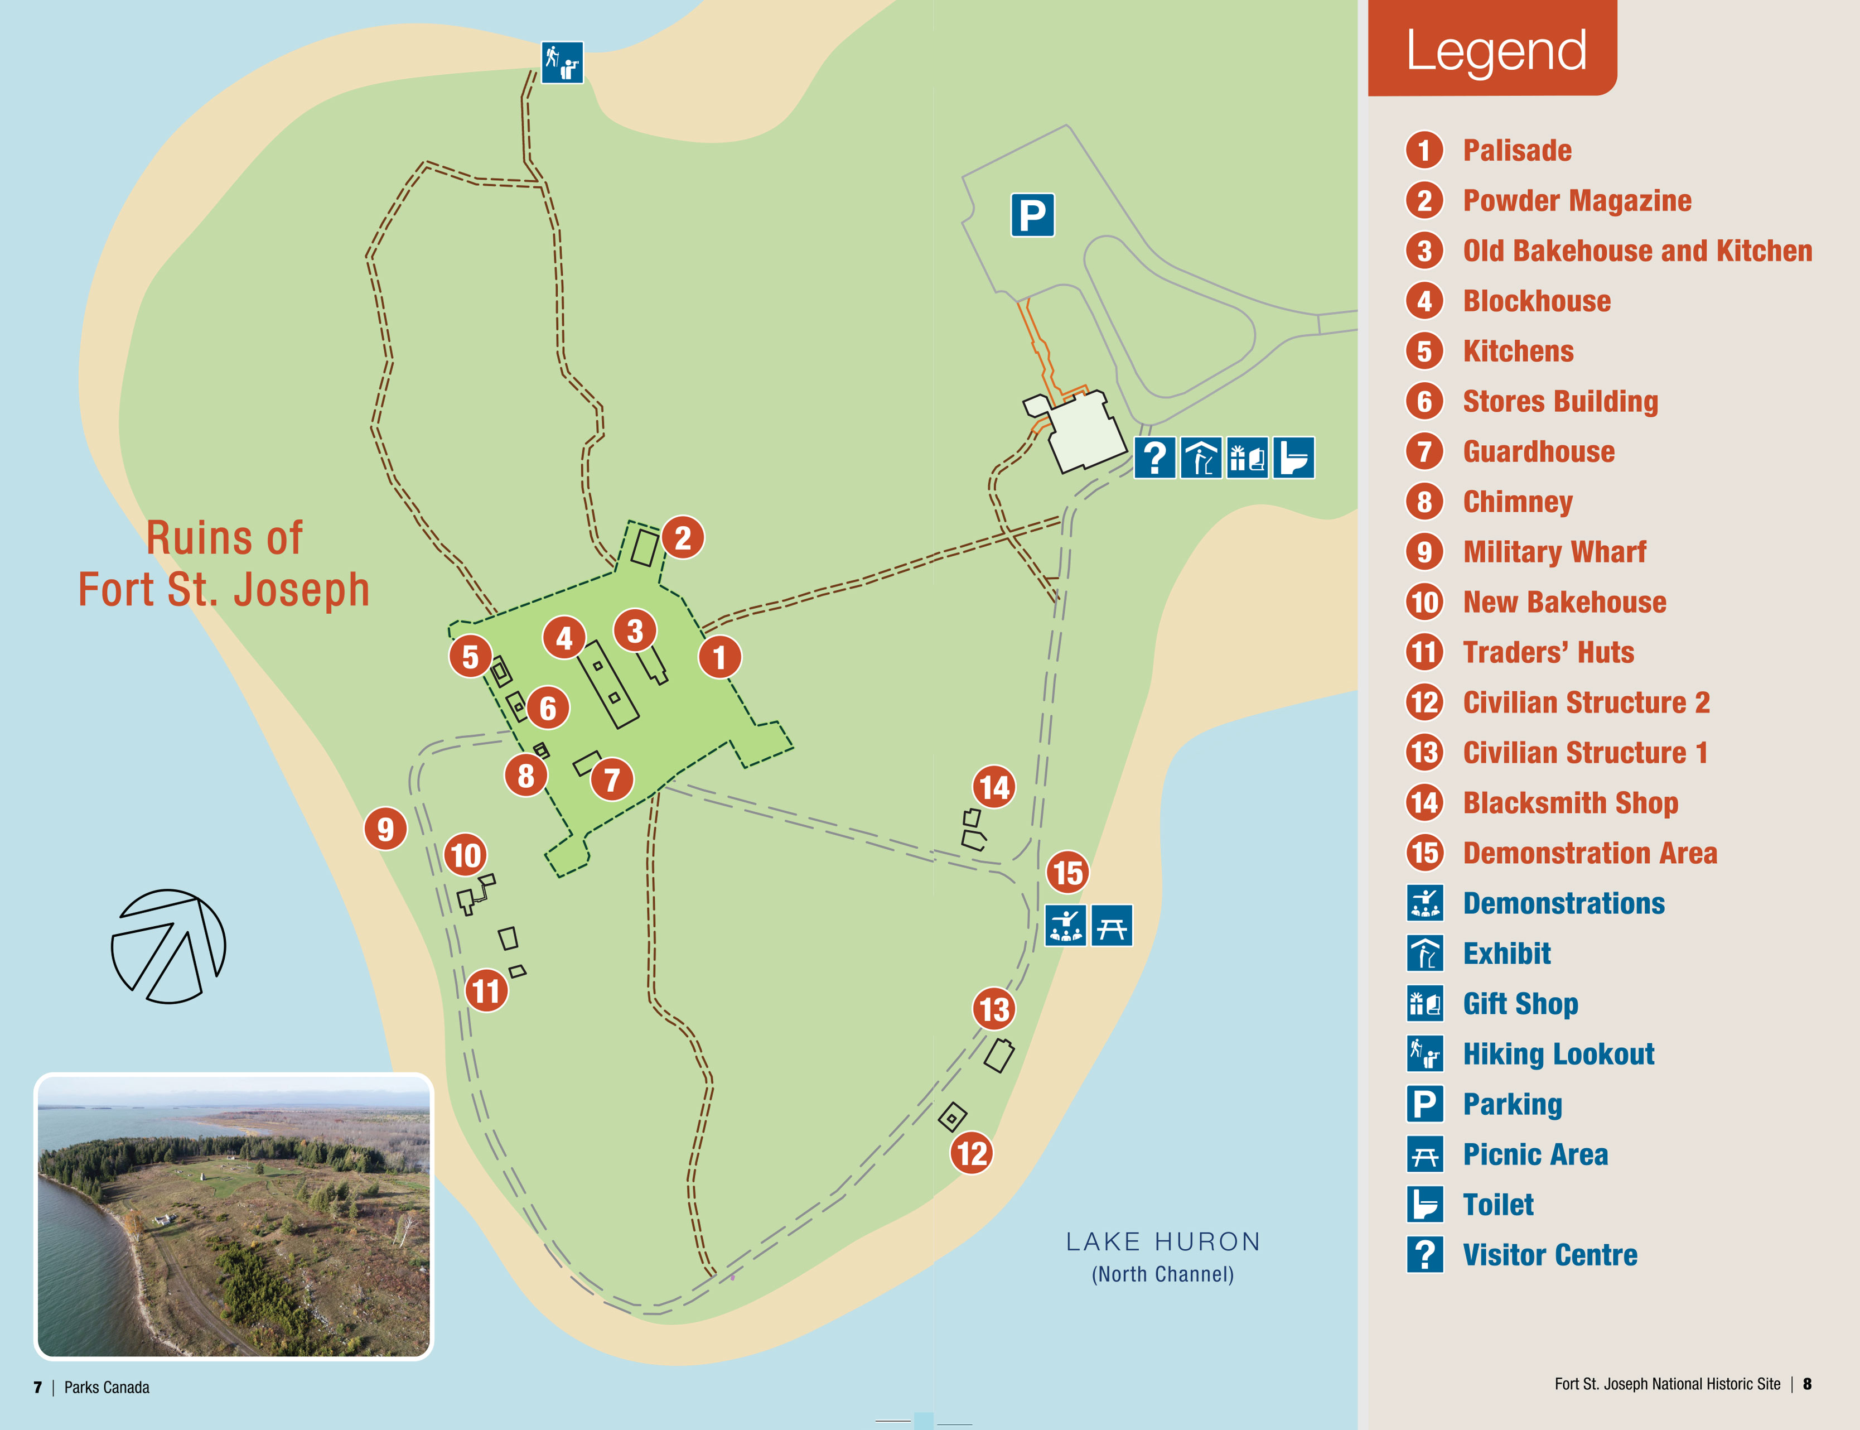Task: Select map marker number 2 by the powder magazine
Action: [683, 538]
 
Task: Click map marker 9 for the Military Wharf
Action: [385, 828]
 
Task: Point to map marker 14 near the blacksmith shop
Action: [994, 787]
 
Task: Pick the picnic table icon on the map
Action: [1111, 925]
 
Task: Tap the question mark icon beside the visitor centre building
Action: [1154, 458]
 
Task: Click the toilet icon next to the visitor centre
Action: [1293, 458]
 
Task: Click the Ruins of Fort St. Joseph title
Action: [224, 564]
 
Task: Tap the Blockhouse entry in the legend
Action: [1537, 301]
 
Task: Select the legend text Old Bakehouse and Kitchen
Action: [1637, 251]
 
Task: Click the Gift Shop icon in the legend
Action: [1424, 1004]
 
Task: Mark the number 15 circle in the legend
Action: [1424, 853]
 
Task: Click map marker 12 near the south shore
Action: [972, 1153]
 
